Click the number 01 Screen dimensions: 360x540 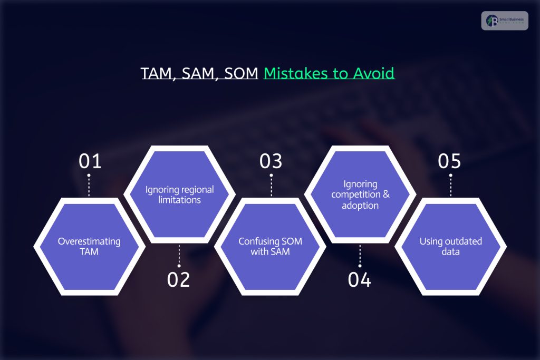coord(90,161)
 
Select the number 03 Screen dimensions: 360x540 coord(271,161)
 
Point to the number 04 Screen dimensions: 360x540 coord(360,280)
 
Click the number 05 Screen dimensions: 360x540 coord(449,161)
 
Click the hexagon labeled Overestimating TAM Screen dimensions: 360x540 coord(89,246)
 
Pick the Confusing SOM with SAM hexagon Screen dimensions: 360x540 coord(271,246)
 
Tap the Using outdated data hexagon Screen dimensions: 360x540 coord(450,246)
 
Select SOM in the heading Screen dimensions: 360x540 coord(241,73)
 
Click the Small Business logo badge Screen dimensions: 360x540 coord(504,21)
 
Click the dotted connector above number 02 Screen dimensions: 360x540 coord(179,255)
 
